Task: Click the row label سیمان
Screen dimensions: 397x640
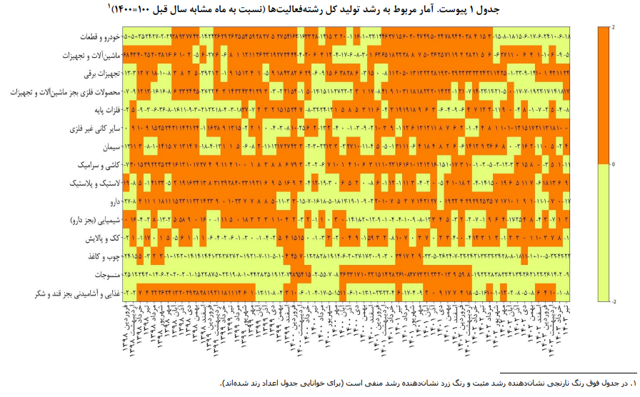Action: click(x=107, y=146)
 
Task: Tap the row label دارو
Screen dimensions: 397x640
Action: click(x=111, y=202)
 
